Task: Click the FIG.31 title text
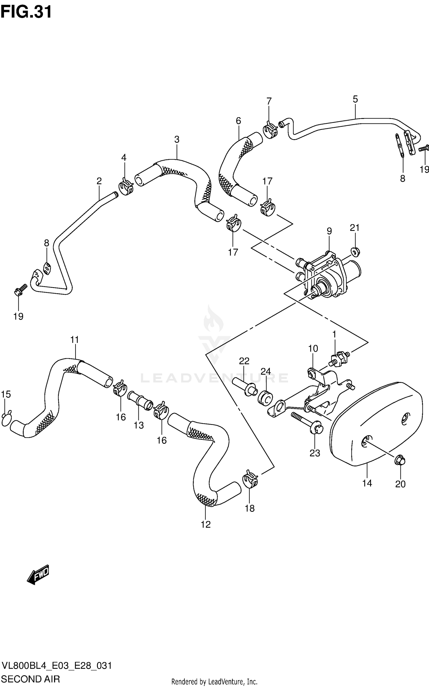26,12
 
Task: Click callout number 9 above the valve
329,231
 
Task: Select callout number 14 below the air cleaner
367,483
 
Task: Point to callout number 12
206,524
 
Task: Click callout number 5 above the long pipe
355,99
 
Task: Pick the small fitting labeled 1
339,358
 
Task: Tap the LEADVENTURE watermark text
214,378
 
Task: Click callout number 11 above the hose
75,340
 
